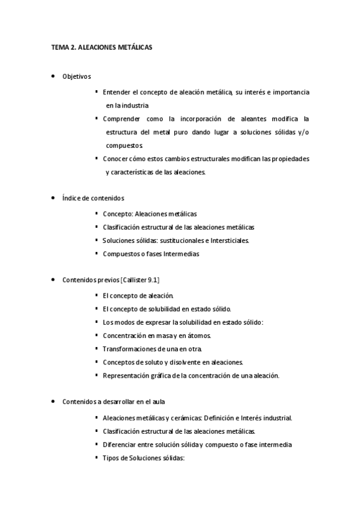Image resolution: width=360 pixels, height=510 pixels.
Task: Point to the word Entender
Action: (x=117, y=92)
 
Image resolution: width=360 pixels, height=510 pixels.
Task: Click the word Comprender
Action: (x=123, y=118)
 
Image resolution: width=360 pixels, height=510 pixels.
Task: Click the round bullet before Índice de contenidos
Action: (x=53, y=197)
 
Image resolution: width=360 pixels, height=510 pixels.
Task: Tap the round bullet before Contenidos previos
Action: (x=53, y=280)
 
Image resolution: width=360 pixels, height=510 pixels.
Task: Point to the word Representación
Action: (x=127, y=376)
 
